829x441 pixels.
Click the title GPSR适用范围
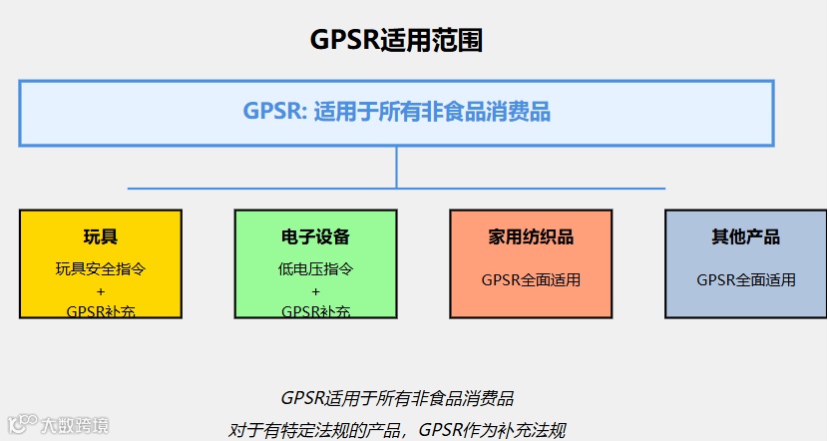pos(397,40)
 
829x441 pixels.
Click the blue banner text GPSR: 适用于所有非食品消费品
pos(397,111)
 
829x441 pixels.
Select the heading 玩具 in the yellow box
pos(101,237)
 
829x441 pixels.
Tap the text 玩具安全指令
pos(101,268)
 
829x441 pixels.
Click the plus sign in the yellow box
pos(101,290)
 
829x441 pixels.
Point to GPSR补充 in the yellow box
pos(101,311)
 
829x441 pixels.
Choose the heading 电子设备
pos(315,237)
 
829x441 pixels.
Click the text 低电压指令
pos(315,268)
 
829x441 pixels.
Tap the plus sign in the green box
pos(315,290)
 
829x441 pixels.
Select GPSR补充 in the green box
pos(315,311)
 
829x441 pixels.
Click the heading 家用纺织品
pos(531,237)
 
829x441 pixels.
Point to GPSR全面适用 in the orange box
pos(531,280)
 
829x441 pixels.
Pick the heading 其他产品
pos(745,237)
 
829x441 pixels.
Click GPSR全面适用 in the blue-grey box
pos(745,280)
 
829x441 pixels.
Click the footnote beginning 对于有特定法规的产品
pos(397,430)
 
